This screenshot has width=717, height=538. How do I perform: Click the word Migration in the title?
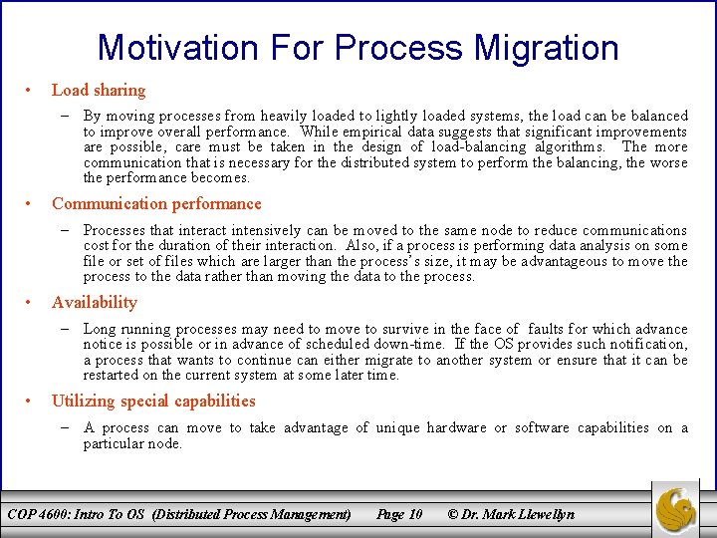click(x=544, y=47)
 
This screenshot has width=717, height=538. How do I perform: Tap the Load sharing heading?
click(x=98, y=90)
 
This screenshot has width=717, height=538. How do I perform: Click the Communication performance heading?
click(x=156, y=203)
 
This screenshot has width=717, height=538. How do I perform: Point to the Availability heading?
click(x=95, y=302)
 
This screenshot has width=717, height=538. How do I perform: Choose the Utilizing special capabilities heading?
click(x=153, y=401)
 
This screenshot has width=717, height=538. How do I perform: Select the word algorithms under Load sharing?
click(x=571, y=146)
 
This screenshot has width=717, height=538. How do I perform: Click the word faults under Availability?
click(x=546, y=329)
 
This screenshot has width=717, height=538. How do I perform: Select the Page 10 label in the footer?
click(x=398, y=514)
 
